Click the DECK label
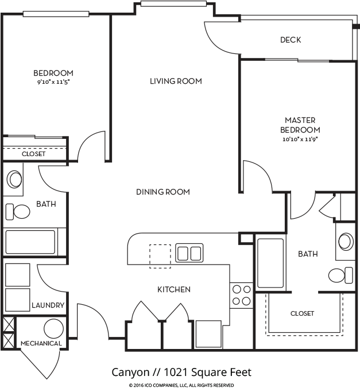pos(291,40)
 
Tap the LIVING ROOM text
pos(176,81)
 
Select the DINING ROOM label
pos(163,192)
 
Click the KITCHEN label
pos(174,289)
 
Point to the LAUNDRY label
pos(48,305)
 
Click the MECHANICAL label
pos(41,343)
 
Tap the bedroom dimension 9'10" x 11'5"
pos(53,82)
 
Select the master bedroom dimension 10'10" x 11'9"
pos(300,139)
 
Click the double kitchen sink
pos(189,253)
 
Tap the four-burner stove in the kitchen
pos(241,296)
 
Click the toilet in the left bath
pos(18,212)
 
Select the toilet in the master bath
pos(340,275)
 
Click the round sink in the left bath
pos(14,179)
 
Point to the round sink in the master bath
pos(346,241)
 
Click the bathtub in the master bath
pos(270,263)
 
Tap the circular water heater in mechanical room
pos(53,329)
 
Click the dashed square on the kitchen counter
pos(160,257)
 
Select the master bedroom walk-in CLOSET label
pos(302,313)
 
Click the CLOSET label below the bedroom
pos(34,154)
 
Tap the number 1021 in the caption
pos(176,372)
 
